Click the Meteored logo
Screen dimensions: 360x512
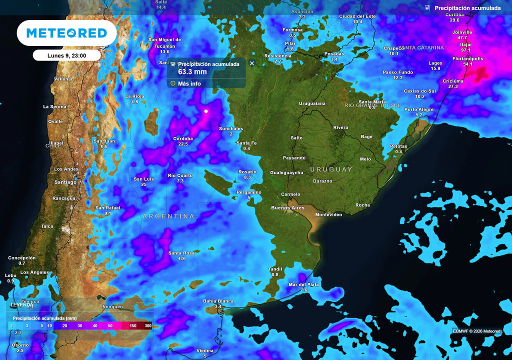coord(66,33)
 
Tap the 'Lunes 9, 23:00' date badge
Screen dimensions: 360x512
coord(66,55)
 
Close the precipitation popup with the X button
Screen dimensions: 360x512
coord(252,63)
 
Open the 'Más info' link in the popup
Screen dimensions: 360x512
coord(189,83)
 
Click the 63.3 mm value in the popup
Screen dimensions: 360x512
coord(192,72)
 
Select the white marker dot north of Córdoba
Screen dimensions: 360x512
coord(206,111)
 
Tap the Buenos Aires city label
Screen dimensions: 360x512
coord(287,207)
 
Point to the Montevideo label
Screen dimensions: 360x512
coord(329,214)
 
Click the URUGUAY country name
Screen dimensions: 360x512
coord(331,169)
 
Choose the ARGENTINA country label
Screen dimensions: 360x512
coord(168,216)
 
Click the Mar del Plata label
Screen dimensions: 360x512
coord(303,285)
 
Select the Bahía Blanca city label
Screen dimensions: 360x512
coord(218,301)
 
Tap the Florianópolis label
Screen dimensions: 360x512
coord(467,58)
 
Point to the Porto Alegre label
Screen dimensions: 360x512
coord(419,109)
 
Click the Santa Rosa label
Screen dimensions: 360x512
coord(181,253)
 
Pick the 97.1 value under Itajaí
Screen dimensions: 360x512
coord(465,50)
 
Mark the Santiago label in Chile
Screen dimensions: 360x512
coord(65,182)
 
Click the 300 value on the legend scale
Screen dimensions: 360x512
coord(148,326)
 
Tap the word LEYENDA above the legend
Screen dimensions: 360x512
coord(22,305)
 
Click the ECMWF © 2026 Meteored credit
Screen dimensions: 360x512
coord(476,331)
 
